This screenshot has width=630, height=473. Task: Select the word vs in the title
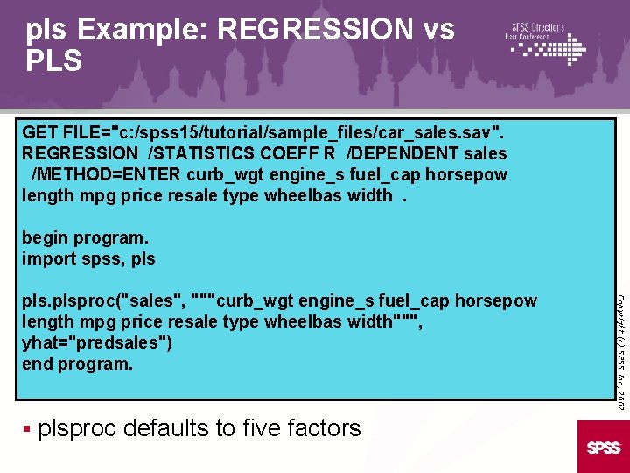(437, 30)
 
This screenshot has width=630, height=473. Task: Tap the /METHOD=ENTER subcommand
(106, 174)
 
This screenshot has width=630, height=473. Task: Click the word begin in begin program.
(45, 237)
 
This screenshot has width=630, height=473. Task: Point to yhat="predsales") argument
(96, 342)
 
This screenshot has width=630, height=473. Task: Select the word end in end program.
(38, 364)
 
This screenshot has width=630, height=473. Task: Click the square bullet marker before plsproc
(28, 429)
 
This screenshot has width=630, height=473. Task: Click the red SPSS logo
(603, 448)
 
